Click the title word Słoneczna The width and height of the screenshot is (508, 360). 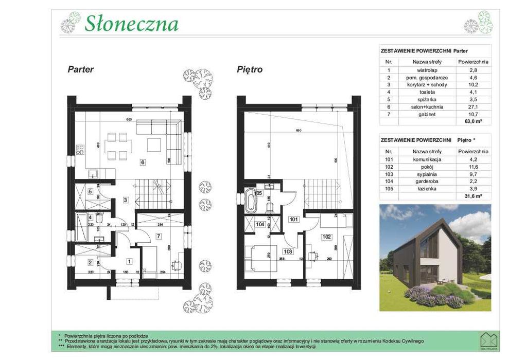[x=132, y=24]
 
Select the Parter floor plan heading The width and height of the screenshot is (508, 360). [x=81, y=69]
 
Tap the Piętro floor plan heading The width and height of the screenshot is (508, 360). [x=250, y=69]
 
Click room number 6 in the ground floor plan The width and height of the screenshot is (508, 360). [x=143, y=163]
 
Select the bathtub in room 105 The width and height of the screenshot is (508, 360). [x=251, y=201]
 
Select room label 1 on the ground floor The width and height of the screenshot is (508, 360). [x=129, y=261]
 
